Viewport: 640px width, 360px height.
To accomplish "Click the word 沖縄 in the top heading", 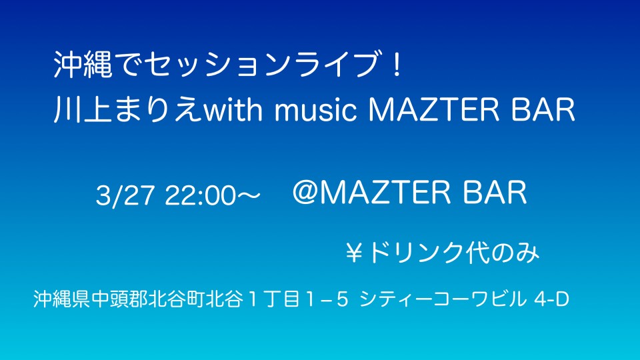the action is (x=83, y=65).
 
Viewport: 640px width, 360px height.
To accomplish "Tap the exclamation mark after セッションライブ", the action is (x=395, y=65).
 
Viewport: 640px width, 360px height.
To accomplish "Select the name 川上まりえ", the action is (x=128, y=109).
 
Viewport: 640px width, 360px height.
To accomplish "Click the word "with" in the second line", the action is (x=233, y=109).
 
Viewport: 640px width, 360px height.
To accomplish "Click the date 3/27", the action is (x=125, y=195).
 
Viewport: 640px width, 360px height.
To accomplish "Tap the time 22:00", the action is (x=201, y=195).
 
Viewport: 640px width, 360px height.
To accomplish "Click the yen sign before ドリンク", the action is (x=354, y=253).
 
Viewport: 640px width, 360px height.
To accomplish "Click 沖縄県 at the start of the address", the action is (x=62, y=299).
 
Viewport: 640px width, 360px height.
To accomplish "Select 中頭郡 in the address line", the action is (x=119, y=299).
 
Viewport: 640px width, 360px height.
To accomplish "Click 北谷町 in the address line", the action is (x=176, y=299).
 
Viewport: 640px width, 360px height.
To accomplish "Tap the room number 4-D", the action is (x=551, y=299).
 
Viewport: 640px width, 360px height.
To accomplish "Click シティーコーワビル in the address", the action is (x=443, y=299).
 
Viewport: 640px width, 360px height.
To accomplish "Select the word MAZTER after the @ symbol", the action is (x=385, y=193).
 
